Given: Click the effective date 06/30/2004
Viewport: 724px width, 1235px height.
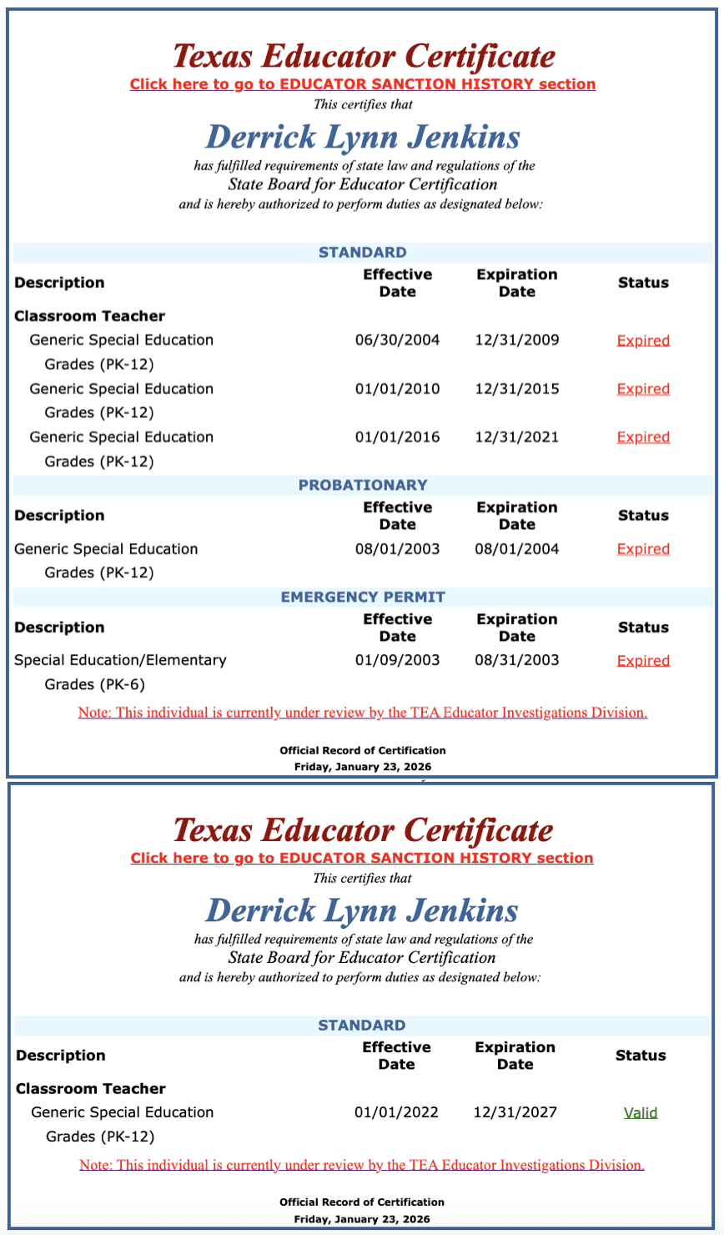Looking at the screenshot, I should (397, 340).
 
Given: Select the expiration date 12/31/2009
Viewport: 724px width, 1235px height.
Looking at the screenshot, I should (516, 340).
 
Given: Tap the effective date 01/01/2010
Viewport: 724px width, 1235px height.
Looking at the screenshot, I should (397, 389).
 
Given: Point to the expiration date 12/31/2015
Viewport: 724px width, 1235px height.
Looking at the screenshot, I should (516, 389).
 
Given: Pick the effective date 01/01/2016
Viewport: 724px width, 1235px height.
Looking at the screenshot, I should (397, 437).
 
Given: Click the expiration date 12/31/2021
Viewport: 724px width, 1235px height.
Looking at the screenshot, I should (516, 437).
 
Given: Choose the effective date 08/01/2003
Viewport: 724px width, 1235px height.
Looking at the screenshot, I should (397, 549).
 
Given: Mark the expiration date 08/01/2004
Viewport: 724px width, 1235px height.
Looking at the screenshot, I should (516, 549).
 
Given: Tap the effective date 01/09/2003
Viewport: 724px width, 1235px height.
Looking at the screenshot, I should (397, 660).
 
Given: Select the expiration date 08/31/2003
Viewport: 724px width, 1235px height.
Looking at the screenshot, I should (516, 660).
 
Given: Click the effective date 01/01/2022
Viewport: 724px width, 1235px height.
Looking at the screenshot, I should (396, 1112).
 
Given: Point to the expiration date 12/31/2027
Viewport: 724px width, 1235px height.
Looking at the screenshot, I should (515, 1112).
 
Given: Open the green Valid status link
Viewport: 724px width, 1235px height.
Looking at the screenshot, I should (641, 1113).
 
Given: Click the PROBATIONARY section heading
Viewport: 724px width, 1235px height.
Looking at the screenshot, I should (363, 485).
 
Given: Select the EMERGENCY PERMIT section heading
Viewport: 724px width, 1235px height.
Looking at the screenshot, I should (363, 597).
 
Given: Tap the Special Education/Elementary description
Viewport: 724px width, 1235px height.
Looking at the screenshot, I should (120, 660).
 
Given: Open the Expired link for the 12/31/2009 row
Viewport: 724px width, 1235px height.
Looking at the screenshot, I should (643, 340).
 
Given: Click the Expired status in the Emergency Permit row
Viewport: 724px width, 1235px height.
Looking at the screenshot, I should (643, 661).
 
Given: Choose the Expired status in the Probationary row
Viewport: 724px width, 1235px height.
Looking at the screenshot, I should (643, 549).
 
